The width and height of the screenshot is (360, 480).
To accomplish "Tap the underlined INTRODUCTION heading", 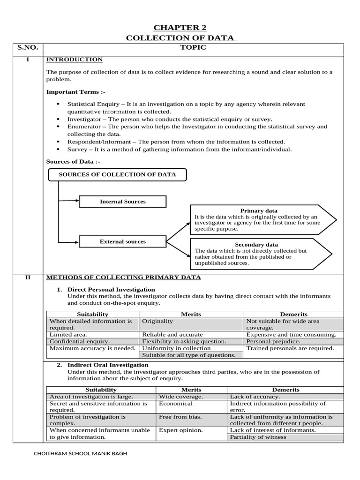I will pos(74,60).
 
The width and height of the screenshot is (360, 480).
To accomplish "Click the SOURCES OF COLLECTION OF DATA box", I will pos(117,175).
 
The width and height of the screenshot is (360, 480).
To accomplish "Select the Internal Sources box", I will pos(122,202).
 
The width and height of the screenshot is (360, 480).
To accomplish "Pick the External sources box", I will pos(122,242).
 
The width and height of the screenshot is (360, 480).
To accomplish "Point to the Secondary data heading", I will pos(256,245).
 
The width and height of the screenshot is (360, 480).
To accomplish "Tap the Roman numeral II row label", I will pos(28,277).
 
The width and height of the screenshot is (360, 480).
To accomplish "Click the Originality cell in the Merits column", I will pos(157,322).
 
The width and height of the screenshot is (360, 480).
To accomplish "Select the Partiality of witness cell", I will pos(258,437).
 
